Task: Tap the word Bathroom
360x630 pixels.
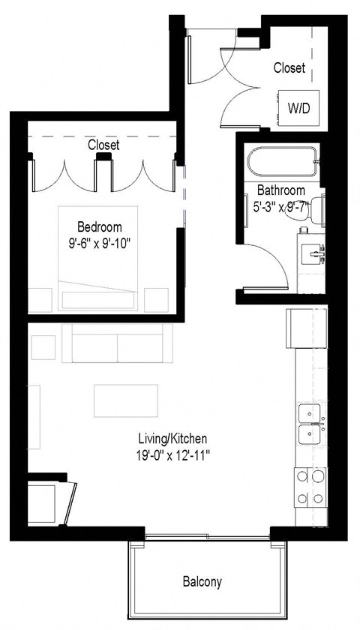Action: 280,190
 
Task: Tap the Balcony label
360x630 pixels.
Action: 202,582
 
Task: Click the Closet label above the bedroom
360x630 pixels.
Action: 103,144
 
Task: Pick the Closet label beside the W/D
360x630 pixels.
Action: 289,68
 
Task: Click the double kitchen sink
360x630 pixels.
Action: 310,424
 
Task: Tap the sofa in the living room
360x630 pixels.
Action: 118,343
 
